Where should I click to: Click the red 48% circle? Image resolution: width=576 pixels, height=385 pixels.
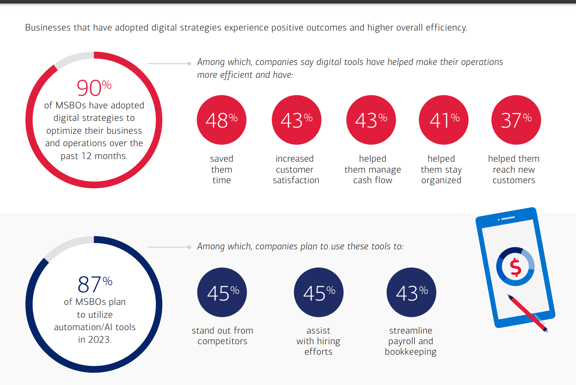pos(222,120)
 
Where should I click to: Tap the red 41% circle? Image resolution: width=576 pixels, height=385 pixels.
pos(444,120)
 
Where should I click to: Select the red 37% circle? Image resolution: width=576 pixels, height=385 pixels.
pos(516,120)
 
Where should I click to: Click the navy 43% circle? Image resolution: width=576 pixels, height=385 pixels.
pos(411,292)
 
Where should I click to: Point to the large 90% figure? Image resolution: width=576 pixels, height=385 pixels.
pos(94,88)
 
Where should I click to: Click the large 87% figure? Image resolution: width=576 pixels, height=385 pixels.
pos(95,284)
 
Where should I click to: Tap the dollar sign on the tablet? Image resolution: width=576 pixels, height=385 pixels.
pos(515,267)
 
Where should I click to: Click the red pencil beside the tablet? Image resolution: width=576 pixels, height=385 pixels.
pos(527,312)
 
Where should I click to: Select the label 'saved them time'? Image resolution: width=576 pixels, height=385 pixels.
pos(222,169)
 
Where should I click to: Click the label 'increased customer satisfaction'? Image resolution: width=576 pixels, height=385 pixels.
pos(295,169)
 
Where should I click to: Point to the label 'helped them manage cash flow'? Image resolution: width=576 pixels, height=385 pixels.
pos(373,169)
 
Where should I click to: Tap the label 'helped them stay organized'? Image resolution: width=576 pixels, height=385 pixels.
pos(441,169)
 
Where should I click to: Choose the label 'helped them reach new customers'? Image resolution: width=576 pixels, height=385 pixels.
pos(514,169)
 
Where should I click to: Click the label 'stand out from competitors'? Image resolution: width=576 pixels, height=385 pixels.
pos(222,336)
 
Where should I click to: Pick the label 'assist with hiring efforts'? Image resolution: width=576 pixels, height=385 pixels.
pos(318,341)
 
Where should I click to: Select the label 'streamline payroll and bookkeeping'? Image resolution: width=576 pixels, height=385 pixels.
pos(411,341)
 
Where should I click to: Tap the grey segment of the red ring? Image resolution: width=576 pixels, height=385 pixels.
pos(74,59)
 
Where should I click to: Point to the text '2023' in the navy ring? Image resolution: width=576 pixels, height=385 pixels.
pos(99,340)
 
